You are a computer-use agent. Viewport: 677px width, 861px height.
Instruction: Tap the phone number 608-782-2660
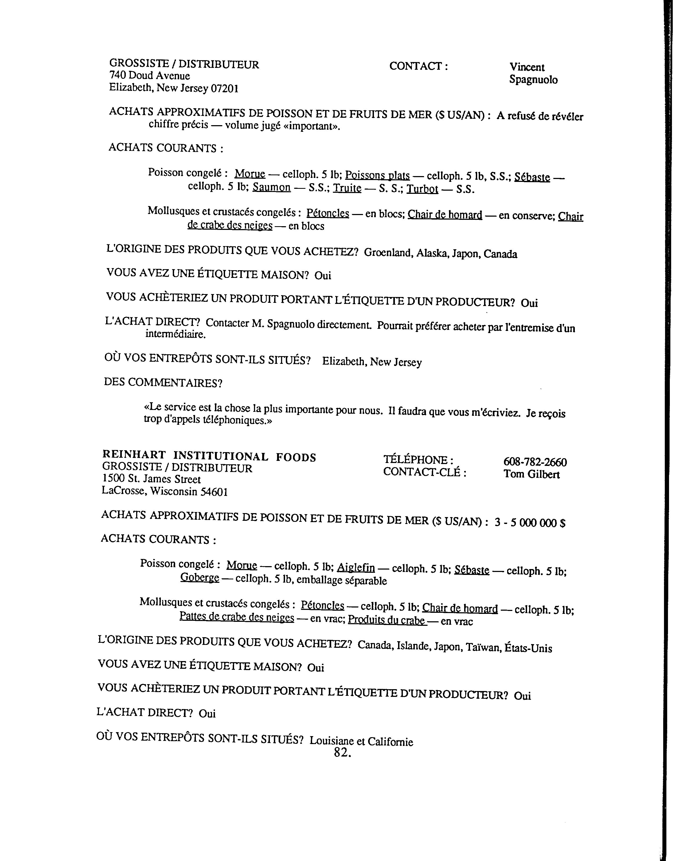click(x=535, y=462)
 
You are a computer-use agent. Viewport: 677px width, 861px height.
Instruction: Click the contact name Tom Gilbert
click(x=532, y=474)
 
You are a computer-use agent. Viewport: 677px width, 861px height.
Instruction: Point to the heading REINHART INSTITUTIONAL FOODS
click(x=209, y=457)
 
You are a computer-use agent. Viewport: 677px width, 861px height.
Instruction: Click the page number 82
click(x=342, y=753)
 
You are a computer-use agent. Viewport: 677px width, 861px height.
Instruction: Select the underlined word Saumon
click(x=271, y=187)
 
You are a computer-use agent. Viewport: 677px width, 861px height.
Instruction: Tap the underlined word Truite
click(x=347, y=188)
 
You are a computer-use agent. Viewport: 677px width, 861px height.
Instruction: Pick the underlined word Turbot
click(x=422, y=189)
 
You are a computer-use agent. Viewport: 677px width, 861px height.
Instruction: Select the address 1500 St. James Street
click(x=151, y=479)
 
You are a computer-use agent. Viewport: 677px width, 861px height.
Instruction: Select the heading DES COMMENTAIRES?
click(x=163, y=383)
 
